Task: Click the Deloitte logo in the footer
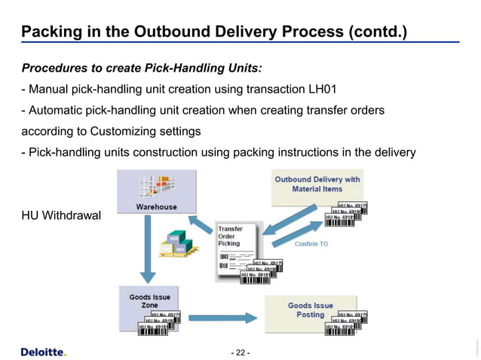[43, 352]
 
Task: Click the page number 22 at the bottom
[240, 352]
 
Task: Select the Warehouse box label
[156, 206]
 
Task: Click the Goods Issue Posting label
[310, 310]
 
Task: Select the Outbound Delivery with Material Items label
[317, 184]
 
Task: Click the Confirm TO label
[311, 244]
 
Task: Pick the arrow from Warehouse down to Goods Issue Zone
[148, 248]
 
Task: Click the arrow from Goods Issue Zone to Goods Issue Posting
[224, 316]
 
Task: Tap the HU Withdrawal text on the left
[60, 216]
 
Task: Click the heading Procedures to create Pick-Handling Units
[141, 69]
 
